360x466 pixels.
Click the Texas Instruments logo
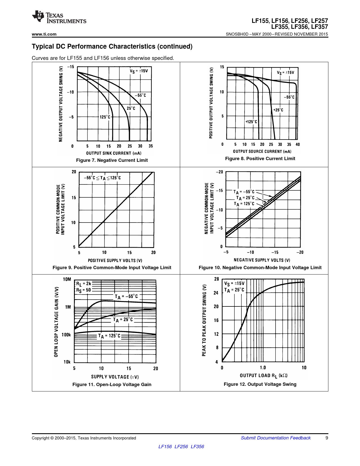[59, 17]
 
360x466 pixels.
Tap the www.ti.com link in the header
[44, 34]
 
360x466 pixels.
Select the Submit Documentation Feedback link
[276, 438]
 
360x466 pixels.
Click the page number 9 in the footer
[327, 438]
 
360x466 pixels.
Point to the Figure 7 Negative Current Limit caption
[112, 160]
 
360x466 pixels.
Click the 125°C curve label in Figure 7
[105, 117]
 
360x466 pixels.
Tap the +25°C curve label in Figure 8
[278, 110]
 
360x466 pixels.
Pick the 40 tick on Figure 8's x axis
[298, 144]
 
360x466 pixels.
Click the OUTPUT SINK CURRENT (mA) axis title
[114, 153]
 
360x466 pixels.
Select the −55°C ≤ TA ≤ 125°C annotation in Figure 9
[102, 178]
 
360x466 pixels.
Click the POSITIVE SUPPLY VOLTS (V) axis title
[115, 260]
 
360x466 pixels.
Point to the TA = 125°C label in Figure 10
[244, 204]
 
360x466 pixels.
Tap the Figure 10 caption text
[260, 267]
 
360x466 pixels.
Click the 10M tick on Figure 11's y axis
[67, 279]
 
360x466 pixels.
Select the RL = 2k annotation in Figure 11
[84, 284]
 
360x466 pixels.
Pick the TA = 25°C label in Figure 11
[123, 320]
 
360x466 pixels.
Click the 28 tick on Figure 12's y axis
[217, 279]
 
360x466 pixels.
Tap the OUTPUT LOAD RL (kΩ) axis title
[263, 375]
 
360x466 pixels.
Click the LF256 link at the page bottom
[181, 447]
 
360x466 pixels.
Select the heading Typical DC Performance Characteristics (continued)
[112, 46]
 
